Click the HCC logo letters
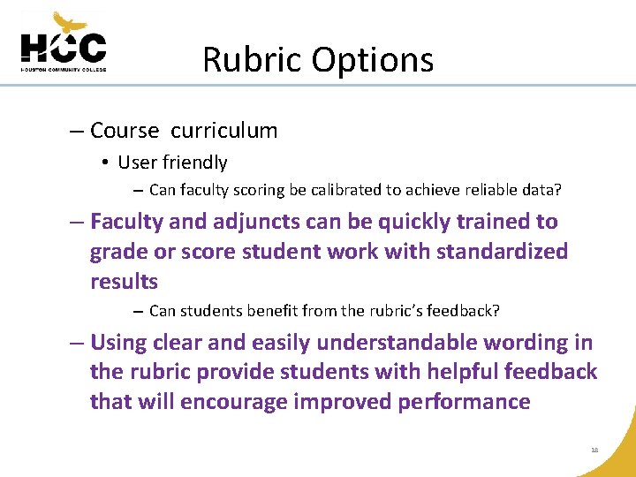pos(63,47)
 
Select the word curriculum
pos(223,131)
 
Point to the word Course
pos(125,131)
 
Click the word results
pos(124,282)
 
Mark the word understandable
pos(405,343)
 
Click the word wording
pos(532,343)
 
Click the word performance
pos(464,403)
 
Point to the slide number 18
pos(594,450)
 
